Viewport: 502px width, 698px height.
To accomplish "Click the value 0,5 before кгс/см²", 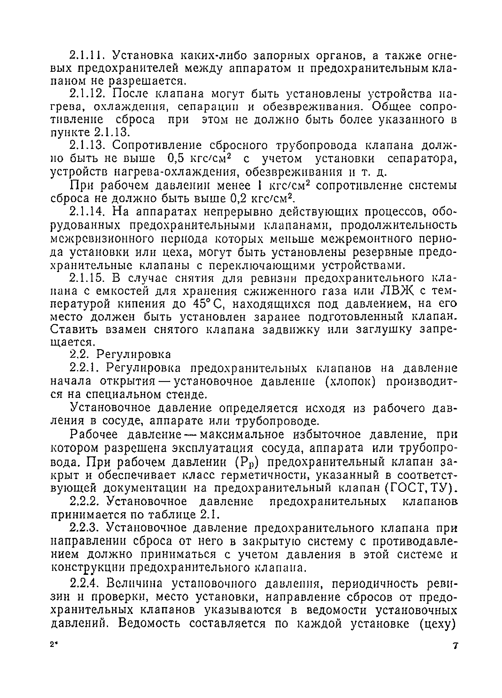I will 176,159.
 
